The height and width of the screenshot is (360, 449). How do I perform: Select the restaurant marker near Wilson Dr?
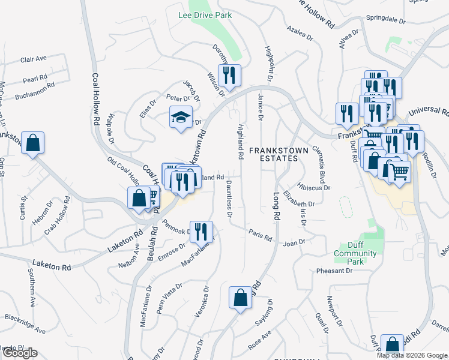pyautogui.click(x=229, y=75)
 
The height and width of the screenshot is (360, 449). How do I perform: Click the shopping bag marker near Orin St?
pyautogui.click(x=32, y=143)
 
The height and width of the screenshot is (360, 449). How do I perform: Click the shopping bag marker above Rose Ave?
pyautogui.click(x=240, y=298)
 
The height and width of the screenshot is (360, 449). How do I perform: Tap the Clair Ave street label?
pyautogui.click(x=33, y=59)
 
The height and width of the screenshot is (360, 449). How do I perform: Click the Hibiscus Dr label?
pyautogui.click(x=315, y=187)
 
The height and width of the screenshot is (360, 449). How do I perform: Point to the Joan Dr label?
pyautogui.click(x=294, y=242)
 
